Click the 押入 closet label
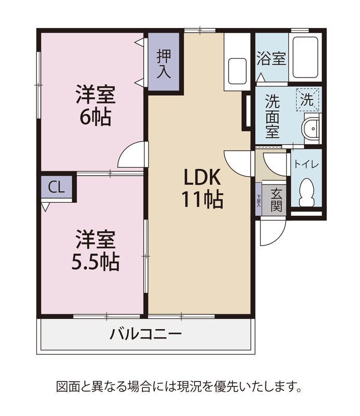click(x=164, y=63)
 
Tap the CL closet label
click(x=56, y=187)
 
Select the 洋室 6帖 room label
click(x=96, y=106)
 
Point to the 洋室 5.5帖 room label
click(x=96, y=251)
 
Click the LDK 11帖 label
click(x=202, y=188)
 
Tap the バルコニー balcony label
click(x=146, y=334)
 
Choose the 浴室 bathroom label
click(x=272, y=58)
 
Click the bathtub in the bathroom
click(x=305, y=57)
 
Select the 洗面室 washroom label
click(x=273, y=116)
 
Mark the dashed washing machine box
click(x=307, y=100)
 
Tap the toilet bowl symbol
click(x=306, y=192)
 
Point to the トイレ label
click(x=306, y=165)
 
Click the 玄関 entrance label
click(x=276, y=200)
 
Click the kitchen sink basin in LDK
click(x=237, y=71)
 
